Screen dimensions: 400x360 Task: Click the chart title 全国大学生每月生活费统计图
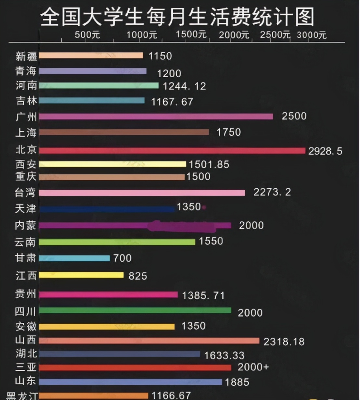click(x=177, y=17)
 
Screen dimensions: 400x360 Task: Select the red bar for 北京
click(x=172, y=151)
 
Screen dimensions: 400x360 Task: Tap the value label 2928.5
click(x=325, y=151)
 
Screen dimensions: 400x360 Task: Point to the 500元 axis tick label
click(x=87, y=35)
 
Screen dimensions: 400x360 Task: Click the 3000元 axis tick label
click(x=311, y=35)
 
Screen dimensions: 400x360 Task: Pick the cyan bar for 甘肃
click(x=74, y=258)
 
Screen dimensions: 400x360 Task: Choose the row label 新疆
click(x=26, y=56)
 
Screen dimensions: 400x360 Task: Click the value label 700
click(x=122, y=258)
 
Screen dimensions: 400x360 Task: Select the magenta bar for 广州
click(x=156, y=117)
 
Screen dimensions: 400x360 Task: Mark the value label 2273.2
click(x=272, y=192)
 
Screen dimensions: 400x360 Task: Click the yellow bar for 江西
click(x=81, y=275)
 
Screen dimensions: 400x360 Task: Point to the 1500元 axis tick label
click(x=191, y=34)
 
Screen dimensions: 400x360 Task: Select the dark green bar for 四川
click(x=135, y=310)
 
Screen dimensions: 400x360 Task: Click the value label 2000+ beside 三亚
click(x=253, y=367)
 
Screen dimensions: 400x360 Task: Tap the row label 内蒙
click(x=25, y=225)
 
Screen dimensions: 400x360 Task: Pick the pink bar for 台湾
click(x=142, y=193)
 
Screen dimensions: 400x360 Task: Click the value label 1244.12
click(x=184, y=86)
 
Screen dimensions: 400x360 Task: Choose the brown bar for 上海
click(x=124, y=132)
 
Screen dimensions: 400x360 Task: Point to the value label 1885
click(x=237, y=382)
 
